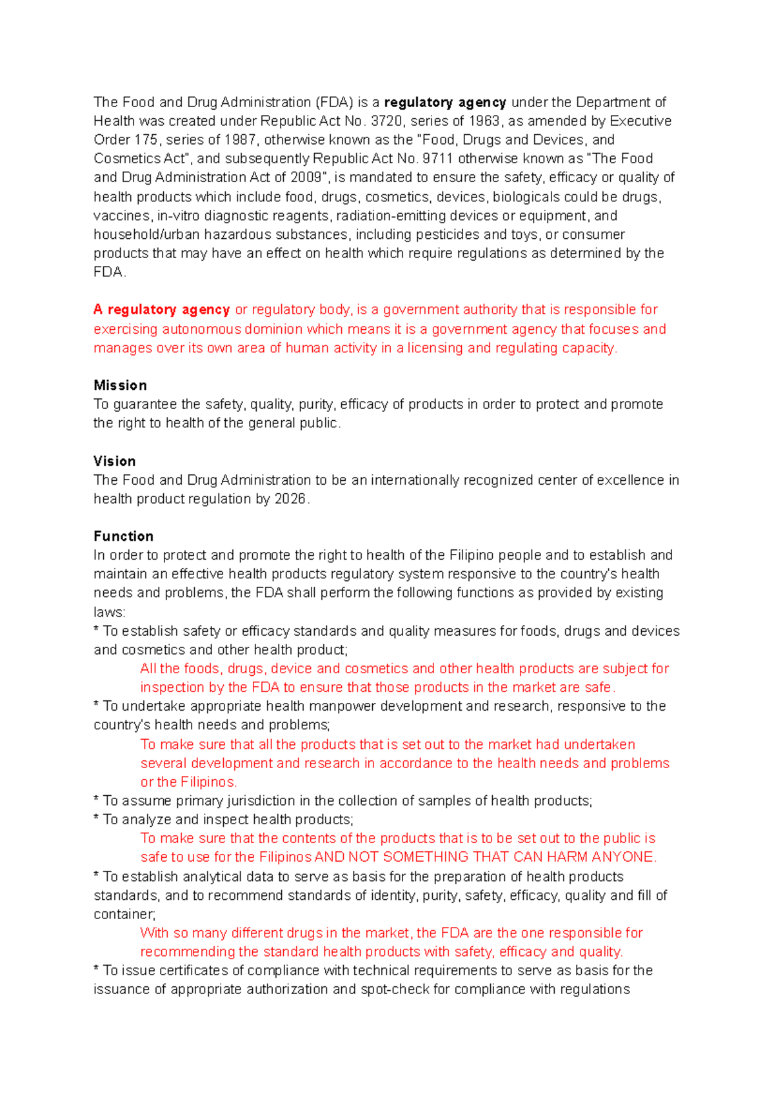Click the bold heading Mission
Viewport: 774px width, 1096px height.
120,385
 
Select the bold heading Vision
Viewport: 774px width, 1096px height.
114,461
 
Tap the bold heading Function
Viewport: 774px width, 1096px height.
123,536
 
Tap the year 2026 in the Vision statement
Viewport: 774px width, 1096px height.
291,499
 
